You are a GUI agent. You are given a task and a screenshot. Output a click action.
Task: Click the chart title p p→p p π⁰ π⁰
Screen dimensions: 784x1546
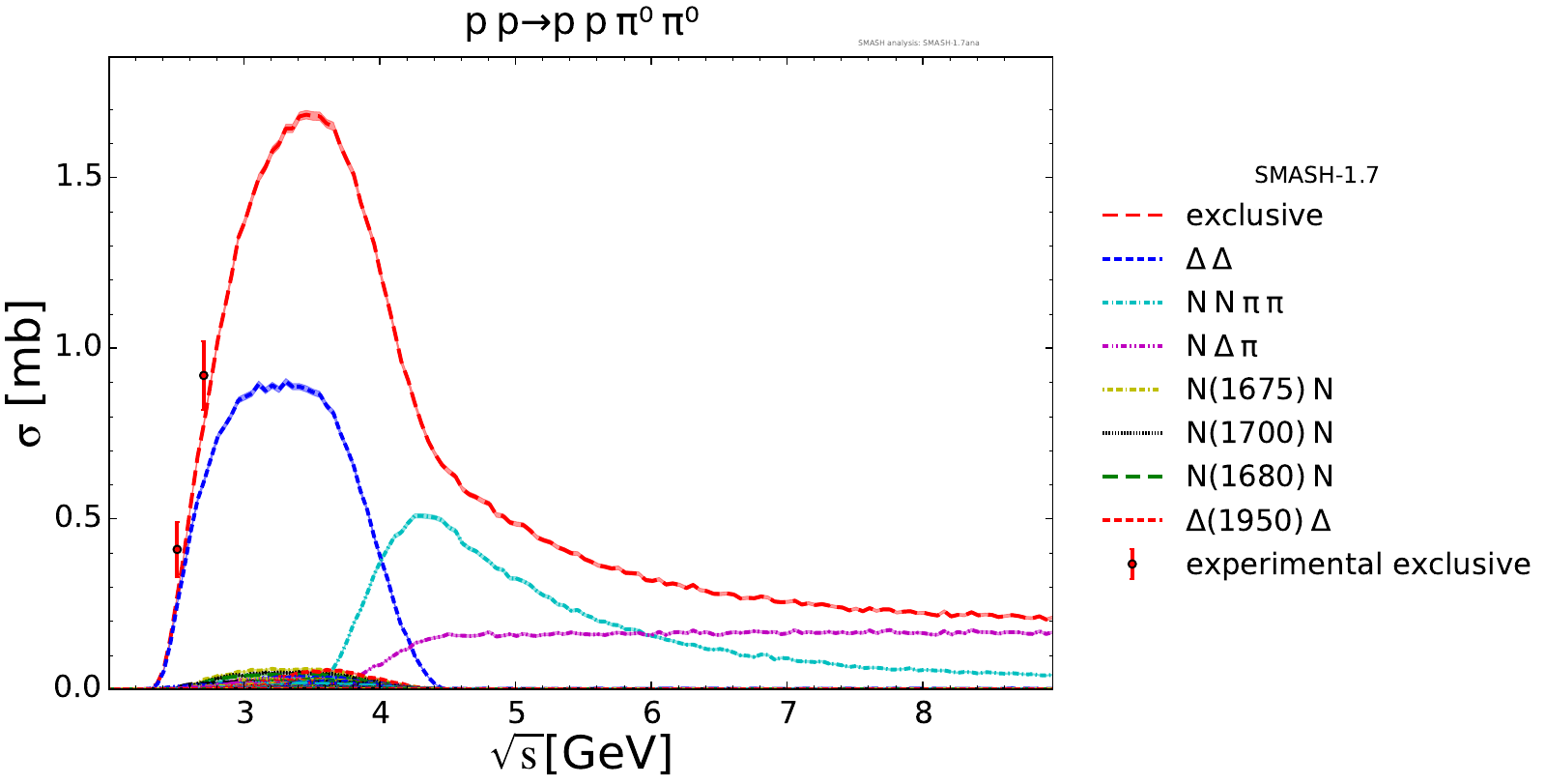click(x=582, y=22)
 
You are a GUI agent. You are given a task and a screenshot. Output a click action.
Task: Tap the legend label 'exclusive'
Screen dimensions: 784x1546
click(x=1254, y=216)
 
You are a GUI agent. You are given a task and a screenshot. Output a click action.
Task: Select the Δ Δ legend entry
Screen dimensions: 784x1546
click(x=1209, y=259)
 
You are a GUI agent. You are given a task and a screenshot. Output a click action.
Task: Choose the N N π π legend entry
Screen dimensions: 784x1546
click(x=1235, y=303)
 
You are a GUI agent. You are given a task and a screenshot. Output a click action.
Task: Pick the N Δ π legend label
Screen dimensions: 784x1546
click(x=1222, y=346)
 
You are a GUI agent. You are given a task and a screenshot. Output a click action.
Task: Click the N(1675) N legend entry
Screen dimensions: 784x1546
click(x=1259, y=390)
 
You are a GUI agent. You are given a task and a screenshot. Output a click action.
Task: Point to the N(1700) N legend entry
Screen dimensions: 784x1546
click(x=1259, y=433)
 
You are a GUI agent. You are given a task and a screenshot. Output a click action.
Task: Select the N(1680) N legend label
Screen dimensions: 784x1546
click(x=1259, y=477)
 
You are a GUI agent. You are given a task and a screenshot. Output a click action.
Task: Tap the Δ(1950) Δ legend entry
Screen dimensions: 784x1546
click(x=1258, y=520)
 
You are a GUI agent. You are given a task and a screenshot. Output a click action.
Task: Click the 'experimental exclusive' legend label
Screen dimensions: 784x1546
click(x=1358, y=564)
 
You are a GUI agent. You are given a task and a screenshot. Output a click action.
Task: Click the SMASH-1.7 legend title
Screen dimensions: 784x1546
click(x=1316, y=176)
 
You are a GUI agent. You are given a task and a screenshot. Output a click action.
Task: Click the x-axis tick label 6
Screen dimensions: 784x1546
click(x=652, y=713)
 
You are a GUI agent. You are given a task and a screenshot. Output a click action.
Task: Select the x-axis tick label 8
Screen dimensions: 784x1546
click(x=924, y=713)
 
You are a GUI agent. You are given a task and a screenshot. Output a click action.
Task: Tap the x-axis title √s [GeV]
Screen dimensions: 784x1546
click(x=582, y=753)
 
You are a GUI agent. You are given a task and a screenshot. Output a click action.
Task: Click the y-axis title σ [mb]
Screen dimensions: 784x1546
click(x=30, y=373)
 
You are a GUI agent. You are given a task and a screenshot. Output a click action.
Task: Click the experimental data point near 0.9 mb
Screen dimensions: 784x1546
click(x=204, y=375)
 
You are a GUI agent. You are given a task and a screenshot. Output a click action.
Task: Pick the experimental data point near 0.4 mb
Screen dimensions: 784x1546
click(x=177, y=549)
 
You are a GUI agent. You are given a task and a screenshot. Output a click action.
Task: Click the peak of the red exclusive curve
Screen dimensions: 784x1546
click(x=308, y=114)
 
